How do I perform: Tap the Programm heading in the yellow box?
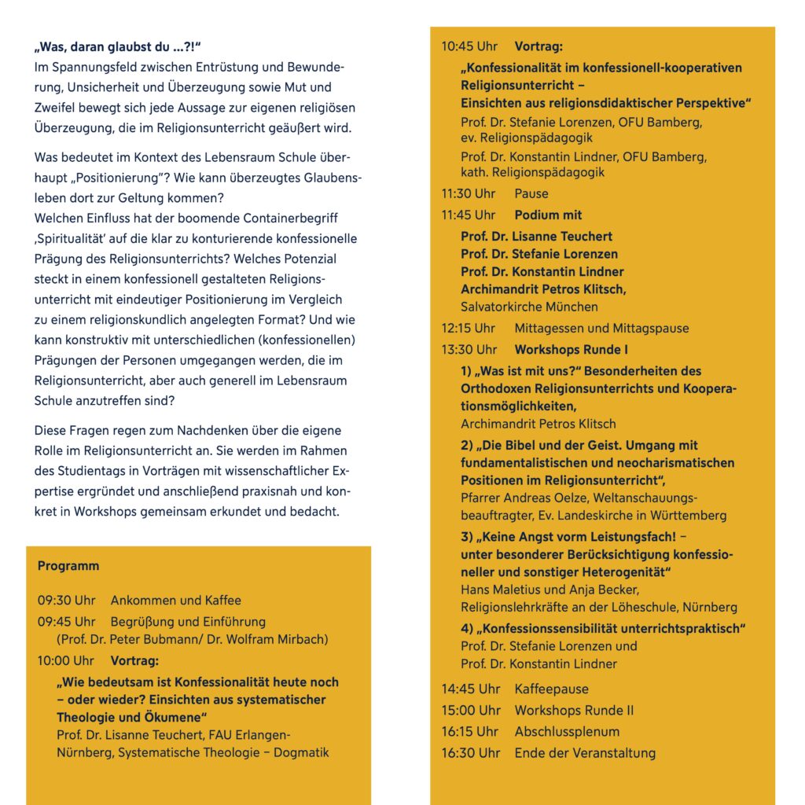click(x=68, y=566)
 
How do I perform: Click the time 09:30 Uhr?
click(x=66, y=601)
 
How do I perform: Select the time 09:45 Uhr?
click(x=66, y=622)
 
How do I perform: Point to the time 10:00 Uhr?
click(x=66, y=660)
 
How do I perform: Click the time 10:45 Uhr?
click(x=469, y=46)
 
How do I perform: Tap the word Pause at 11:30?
click(x=531, y=193)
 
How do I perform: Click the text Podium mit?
click(x=548, y=215)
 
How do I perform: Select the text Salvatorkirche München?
click(x=529, y=307)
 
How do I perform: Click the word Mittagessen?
click(x=548, y=328)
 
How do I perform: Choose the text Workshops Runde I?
click(x=572, y=349)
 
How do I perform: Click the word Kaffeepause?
click(x=551, y=689)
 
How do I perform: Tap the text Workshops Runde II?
click(x=574, y=710)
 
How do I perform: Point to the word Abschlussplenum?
click(x=567, y=731)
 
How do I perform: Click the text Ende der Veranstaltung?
click(x=585, y=752)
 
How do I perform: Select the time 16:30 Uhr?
click(x=470, y=752)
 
